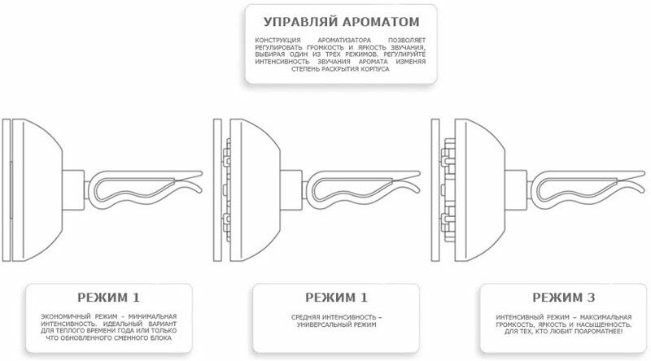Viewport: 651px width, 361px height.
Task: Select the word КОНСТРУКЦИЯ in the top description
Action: click(275, 39)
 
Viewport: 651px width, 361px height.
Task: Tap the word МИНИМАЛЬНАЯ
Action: click(152, 315)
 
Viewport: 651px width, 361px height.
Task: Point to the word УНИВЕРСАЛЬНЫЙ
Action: click(317, 324)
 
